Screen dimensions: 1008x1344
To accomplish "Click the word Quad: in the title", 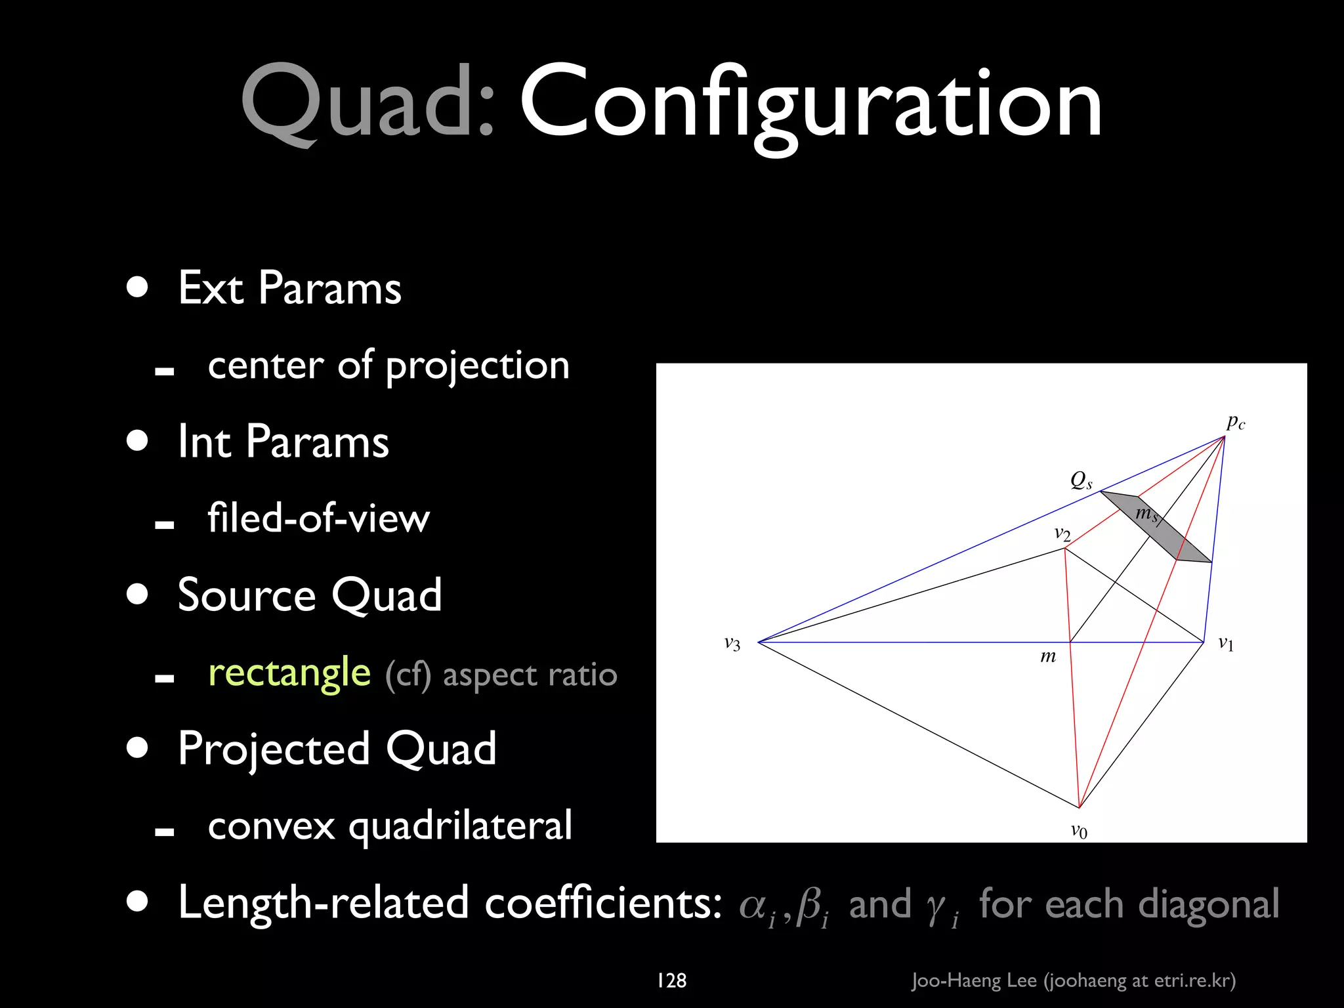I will [367, 104].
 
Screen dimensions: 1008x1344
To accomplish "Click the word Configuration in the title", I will [810, 104].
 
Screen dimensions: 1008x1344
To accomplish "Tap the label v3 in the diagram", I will [732, 644].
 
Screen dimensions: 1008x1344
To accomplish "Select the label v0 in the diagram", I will [1079, 831].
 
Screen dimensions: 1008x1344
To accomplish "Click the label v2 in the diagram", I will [1062, 534].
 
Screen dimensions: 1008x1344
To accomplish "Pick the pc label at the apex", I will [1236, 423].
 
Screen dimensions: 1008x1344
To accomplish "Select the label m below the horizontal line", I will [1048, 656].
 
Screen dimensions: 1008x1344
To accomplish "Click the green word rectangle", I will [289, 673].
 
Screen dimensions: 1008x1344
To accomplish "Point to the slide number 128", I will [671, 980].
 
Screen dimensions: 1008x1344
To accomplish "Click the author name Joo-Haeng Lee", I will [975, 980].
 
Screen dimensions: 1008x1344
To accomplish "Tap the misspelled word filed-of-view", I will [318, 518].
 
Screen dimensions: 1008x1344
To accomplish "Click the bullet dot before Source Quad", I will [138, 595].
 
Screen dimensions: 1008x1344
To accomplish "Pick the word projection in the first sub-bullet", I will [478, 366].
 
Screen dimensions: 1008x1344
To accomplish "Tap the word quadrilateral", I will [460, 826].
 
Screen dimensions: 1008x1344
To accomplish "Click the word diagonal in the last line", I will [1208, 904].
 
